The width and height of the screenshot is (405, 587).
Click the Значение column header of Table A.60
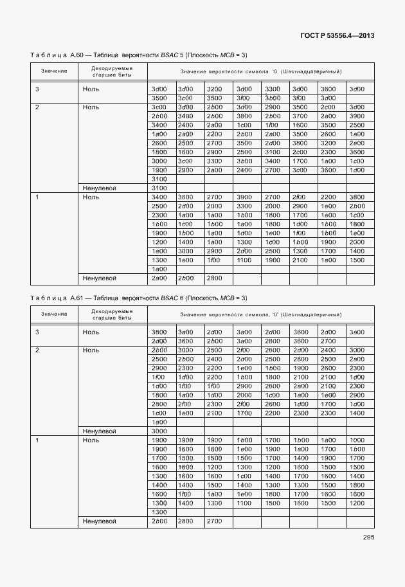(x=55, y=71)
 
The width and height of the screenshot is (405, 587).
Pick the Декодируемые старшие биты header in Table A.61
(x=113, y=314)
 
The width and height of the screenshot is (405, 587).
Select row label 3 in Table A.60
(x=37, y=89)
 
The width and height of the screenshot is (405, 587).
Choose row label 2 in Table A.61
(x=37, y=350)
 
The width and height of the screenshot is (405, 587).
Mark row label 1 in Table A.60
(x=37, y=197)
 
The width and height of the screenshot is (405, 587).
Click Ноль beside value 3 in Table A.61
(x=91, y=332)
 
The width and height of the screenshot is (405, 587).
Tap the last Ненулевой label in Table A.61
(x=99, y=521)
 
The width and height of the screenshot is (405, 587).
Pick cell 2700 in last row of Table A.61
(x=214, y=521)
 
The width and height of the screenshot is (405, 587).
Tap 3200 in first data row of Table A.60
(x=214, y=89)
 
